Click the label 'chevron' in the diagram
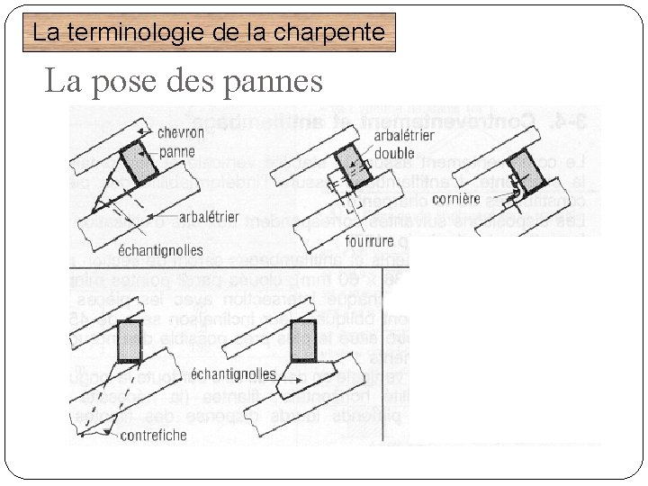181,132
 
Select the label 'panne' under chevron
176,151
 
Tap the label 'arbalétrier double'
404,145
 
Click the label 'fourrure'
369,240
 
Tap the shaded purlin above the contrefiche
130,340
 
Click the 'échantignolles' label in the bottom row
233,373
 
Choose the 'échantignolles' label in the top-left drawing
160,249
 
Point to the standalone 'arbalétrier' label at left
210,217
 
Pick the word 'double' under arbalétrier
394,153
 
